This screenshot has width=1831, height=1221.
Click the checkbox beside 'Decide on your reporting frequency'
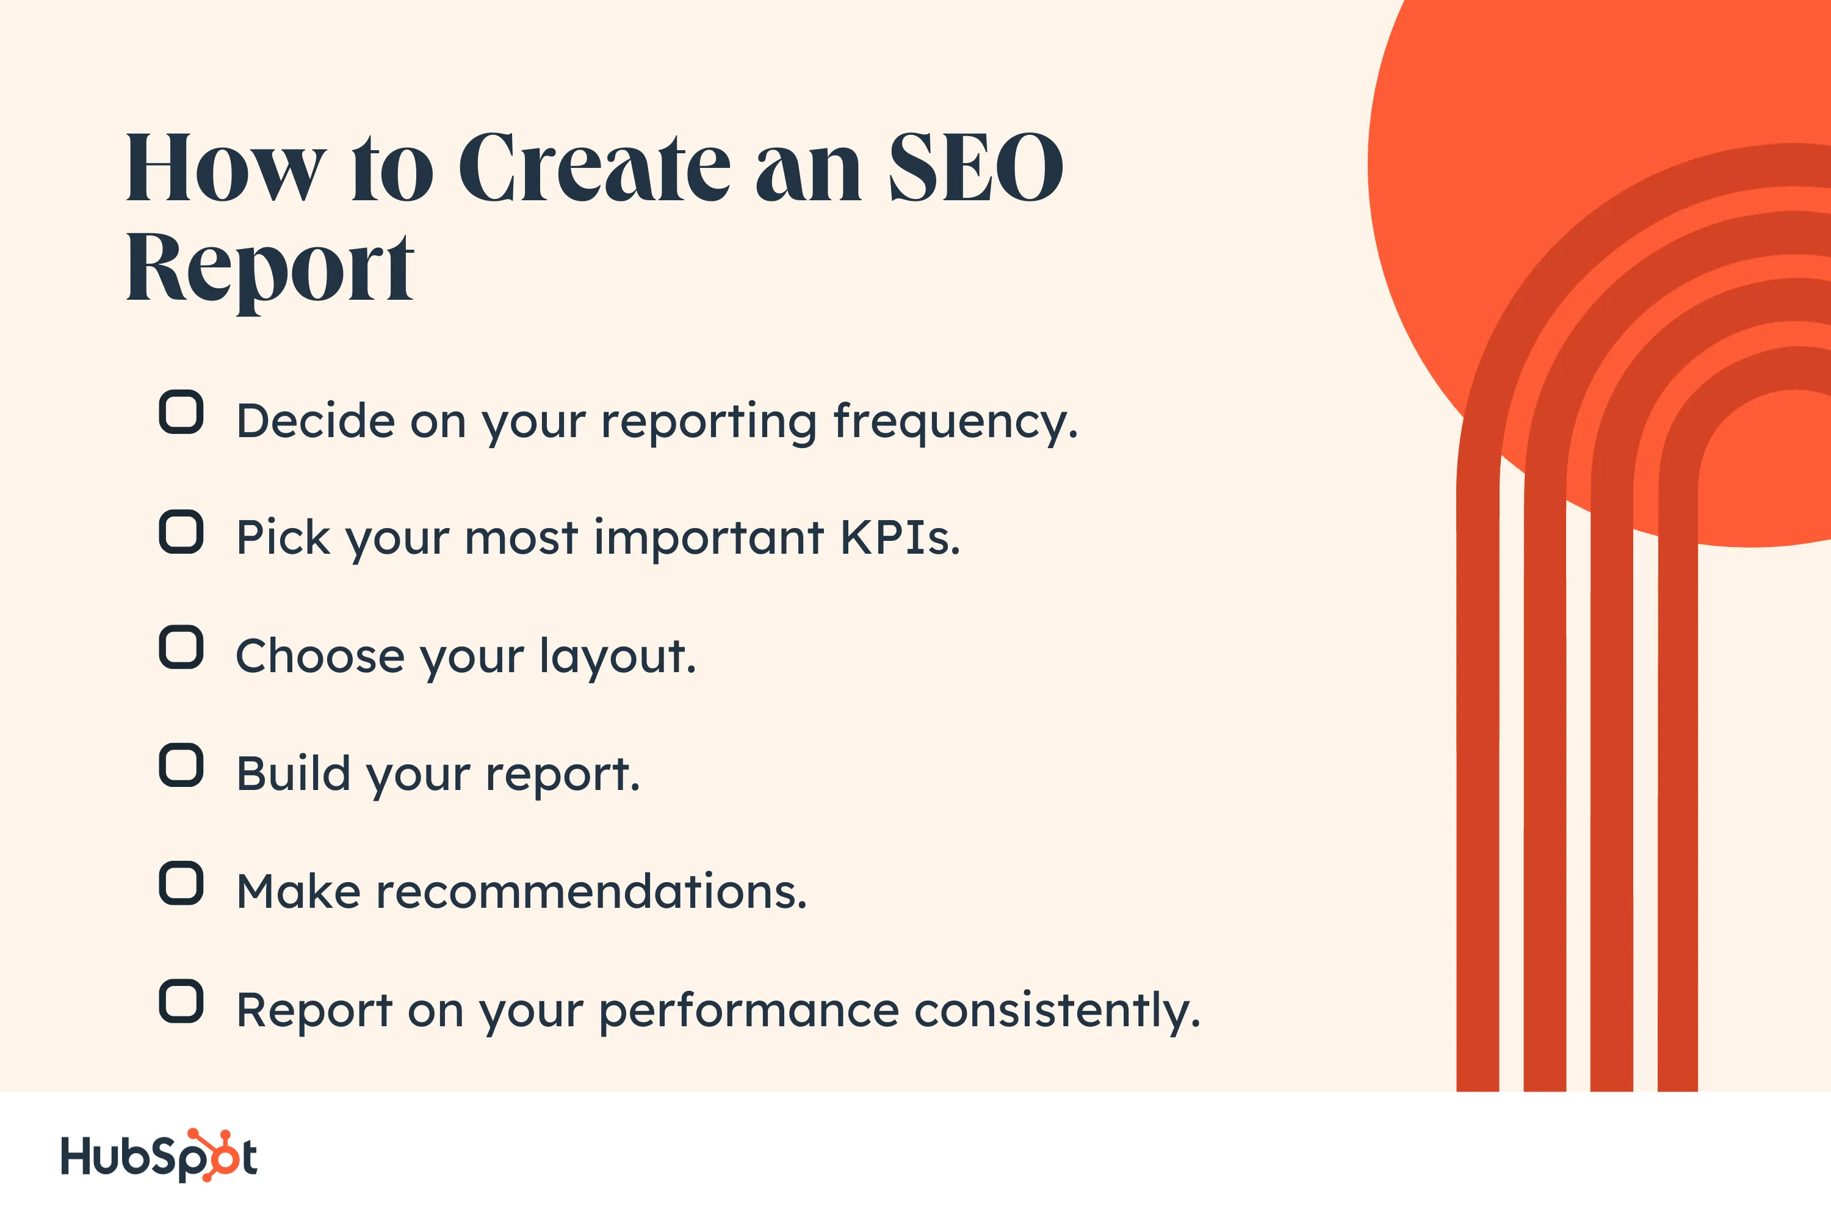tap(181, 412)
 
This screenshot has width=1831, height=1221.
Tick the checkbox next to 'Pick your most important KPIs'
tap(181, 532)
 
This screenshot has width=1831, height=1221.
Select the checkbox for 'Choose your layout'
tap(181, 647)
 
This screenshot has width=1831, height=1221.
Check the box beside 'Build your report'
tap(181, 766)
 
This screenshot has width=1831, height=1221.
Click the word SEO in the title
tap(975, 167)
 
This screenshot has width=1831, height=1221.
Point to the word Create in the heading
tap(594, 167)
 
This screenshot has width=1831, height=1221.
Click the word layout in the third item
tap(617, 656)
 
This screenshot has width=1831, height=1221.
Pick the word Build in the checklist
tap(293, 774)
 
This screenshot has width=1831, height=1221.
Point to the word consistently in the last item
tap(1056, 1011)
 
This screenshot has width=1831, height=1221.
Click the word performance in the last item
tap(749, 1011)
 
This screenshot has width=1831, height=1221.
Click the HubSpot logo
tap(159, 1156)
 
